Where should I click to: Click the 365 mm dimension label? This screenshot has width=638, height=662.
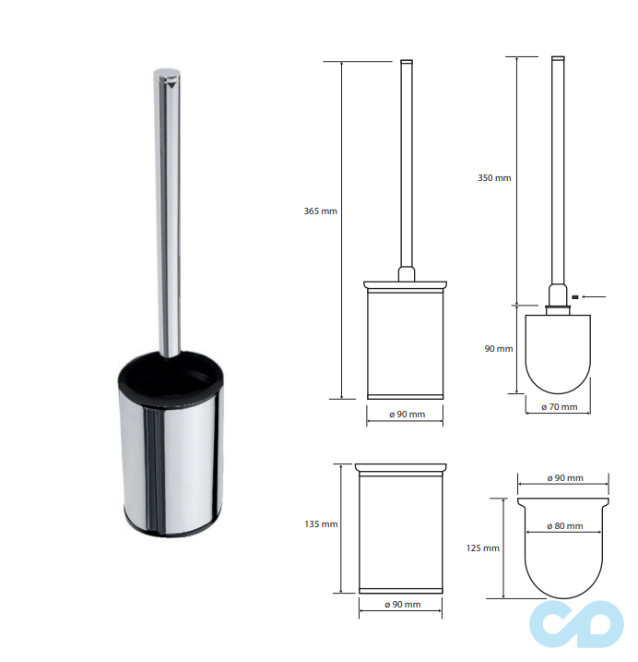(x=321, y=211)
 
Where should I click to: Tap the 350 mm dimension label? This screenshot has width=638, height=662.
(x=494, y=178)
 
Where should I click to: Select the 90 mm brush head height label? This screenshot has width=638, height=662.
(x=499, y=349)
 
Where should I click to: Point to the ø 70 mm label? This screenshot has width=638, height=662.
(x=559, y=407)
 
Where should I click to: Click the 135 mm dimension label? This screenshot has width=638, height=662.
(x=321, y=524)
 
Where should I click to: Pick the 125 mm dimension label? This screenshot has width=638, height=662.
(x=482, y=548)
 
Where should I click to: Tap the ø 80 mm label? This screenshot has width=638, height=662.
(x=564, y=526)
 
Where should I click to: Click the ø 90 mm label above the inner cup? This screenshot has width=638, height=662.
(x=565, y=478)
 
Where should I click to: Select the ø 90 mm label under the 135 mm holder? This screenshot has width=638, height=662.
(x=402, y=605)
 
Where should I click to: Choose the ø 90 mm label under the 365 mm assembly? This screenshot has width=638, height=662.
(x=407, y=415)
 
